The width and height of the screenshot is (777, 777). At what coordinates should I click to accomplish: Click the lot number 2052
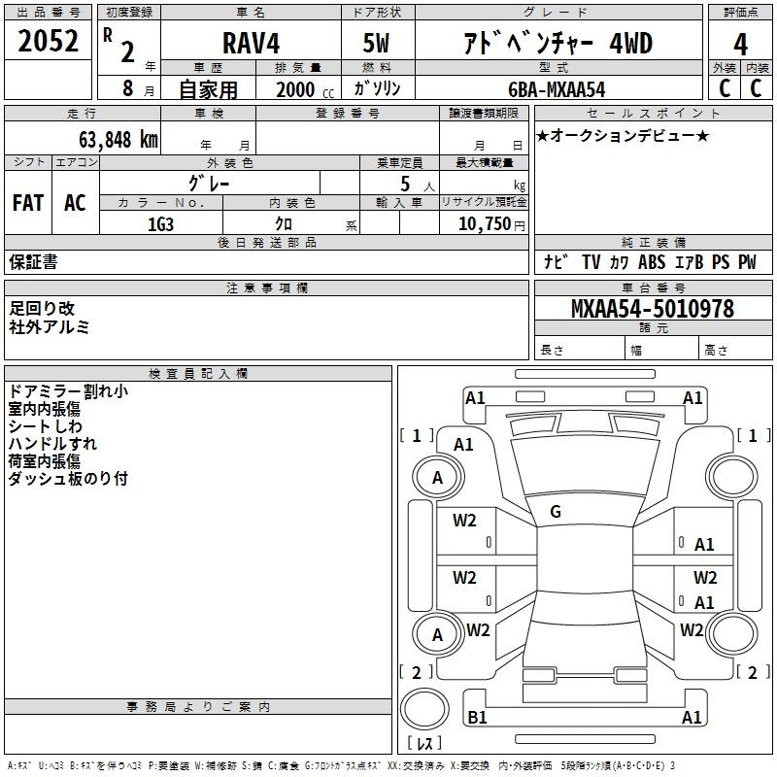tap(48, 41)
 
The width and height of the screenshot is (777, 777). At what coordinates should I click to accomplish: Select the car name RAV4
tap(251, 43)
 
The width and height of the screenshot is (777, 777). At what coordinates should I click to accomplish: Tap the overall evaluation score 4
tap(740, 44)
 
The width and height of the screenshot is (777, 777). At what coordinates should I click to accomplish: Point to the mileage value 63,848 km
tap(118, 139)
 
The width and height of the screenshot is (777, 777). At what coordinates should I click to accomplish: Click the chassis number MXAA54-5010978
tap(653, 309)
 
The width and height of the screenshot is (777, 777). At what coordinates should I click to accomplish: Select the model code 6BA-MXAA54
tap(557, 89)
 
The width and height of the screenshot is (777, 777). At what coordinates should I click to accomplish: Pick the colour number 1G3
tap(160, 224)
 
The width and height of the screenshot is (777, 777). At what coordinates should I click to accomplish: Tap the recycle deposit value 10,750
tap(484, 224)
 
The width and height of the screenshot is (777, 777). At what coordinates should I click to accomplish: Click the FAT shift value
tap(28, 203)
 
